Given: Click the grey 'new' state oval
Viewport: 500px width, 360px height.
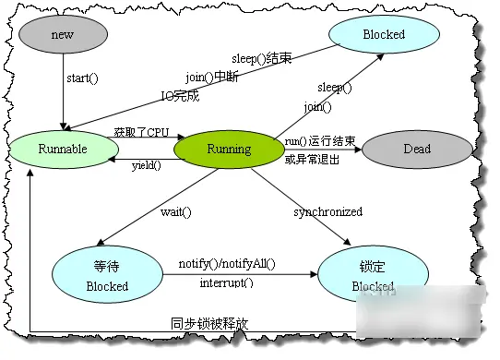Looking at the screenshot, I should [63, 34].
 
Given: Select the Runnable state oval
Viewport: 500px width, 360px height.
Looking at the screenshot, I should [63, 149].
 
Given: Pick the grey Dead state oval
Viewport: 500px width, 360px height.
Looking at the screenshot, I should [416, 149].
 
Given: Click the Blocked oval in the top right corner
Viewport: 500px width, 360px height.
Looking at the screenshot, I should [383, 34].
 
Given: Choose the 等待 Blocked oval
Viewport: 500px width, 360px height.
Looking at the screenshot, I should [106, 274].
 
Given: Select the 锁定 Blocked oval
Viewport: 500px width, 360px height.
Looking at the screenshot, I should [373, 274].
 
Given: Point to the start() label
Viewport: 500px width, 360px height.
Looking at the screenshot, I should [82, 78].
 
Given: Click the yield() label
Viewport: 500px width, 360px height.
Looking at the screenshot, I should [145, 166].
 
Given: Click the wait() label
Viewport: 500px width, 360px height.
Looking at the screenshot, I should [175, 211].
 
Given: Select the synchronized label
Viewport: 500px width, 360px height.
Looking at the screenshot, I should [328, 212].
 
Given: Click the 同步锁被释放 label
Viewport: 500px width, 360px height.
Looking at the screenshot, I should [209, 324].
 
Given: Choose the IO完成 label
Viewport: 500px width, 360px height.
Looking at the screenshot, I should [181, 95].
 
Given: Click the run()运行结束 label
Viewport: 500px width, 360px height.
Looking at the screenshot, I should [319, 140].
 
